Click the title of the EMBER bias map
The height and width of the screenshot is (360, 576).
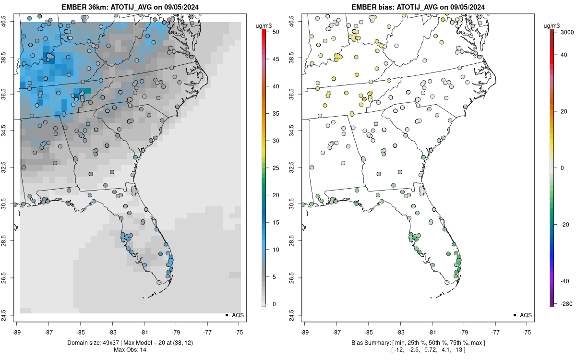pyautogui.click(x=418, y=7)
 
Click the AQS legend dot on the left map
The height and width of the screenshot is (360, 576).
pyautogui.click(x=226, y=315)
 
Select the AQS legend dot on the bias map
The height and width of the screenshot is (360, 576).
pyautogui.click(x=514, y=315)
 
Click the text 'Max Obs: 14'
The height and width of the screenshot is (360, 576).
pyautogui.click(x=130, y=349)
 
